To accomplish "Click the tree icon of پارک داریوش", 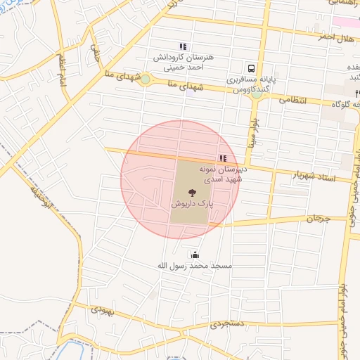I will [x=191, y=190].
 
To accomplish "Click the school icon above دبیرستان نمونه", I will [x=224, y=159].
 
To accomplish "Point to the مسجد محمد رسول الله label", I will [x=193, y=267].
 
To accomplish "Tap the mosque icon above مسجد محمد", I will [x=195, y=255].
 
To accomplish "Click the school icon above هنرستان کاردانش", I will [x=184, y=47].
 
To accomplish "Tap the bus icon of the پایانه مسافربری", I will [x=251, y=69].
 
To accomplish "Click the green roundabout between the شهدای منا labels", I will [x=145, y=79].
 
